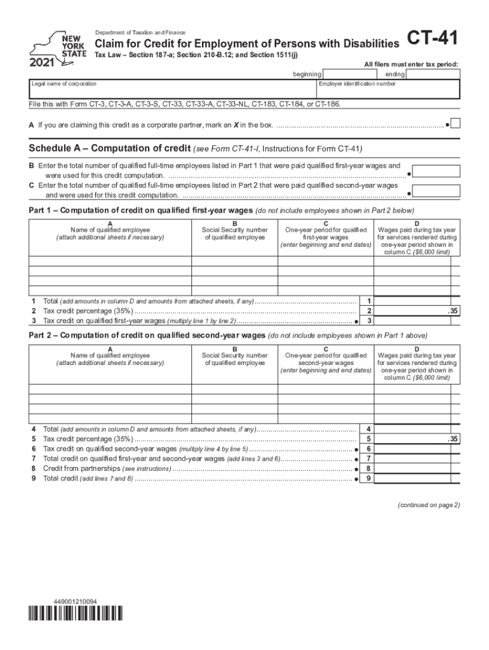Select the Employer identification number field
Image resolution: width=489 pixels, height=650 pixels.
click(x=387, y=91)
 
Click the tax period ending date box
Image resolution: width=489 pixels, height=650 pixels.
click(x=432, y=74)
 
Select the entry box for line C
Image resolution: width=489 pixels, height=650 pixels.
click(x=437, y=190)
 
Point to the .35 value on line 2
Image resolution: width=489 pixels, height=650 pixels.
click(x=452, y=311)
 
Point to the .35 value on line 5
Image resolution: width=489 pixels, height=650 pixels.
click(x=452, y=439)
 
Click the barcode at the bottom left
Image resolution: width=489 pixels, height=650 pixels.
click(x=75, y=613)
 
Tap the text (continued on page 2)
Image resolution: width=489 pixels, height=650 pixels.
click(x=429, y=505)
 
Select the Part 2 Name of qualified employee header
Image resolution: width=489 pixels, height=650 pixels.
click(x=111, y=359)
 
